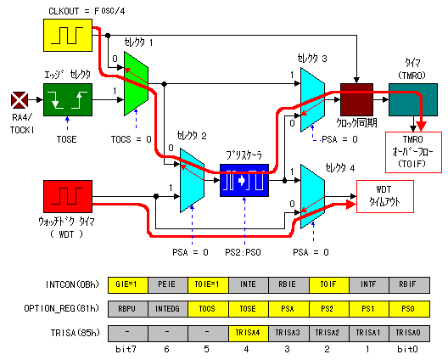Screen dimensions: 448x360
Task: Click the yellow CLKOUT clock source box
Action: pos(68,35)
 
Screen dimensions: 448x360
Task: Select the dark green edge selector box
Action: pos(68,99)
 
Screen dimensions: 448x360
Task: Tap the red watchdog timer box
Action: pos(68,196)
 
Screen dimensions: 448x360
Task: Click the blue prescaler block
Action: pos(244,180)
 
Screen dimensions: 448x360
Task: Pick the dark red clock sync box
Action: pos(356,99)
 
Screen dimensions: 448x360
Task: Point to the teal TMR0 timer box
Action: pos(413,99)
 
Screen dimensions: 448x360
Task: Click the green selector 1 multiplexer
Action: pos(136,83)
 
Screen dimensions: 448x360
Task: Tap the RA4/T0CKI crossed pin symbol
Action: pos(20,100)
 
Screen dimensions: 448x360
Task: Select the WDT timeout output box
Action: pos(385,196)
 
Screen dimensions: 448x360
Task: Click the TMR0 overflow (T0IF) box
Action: pos(413,152)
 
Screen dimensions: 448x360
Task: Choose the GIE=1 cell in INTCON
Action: pos(128,284)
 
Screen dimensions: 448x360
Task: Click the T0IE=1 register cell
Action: pos(208,284)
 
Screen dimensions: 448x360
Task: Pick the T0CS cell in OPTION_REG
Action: pos(208,309)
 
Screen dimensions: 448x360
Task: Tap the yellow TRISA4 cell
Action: pos(249,333)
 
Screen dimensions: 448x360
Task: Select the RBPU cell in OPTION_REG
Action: pos(128,309)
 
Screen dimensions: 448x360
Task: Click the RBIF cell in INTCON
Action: pos(409,284)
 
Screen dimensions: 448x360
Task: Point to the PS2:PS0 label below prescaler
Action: pos(243,252)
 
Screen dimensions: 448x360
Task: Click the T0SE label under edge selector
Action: pos(66,139)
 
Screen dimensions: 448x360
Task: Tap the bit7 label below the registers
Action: pos(126,349)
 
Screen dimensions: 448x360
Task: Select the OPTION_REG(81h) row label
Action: pos(62,308)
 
